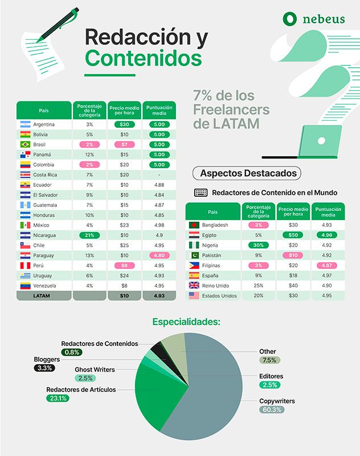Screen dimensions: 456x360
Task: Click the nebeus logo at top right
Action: coord(313,19)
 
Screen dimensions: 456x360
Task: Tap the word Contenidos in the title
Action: coord(143,58)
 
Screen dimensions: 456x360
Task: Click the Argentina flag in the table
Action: coord(25,124)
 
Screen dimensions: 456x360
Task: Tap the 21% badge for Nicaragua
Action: coord(89,235)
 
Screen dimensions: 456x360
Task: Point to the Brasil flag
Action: coord(25,145)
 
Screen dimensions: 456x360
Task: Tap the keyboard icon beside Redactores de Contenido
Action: coord(201,193)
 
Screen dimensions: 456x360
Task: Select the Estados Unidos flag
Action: coord(194,296)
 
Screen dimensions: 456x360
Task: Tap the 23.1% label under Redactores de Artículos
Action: coord(58,398)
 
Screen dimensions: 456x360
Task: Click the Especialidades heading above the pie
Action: coord(186,322)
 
